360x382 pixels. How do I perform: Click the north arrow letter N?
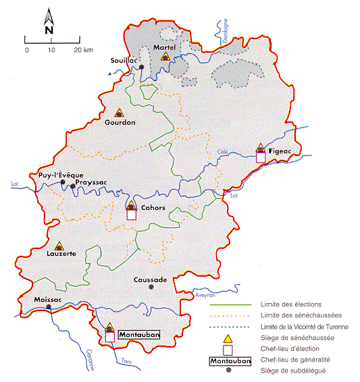(x=49, y=30)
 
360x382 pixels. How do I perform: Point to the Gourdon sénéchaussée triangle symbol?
(x=120, y=113)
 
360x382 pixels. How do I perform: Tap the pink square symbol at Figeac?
(x=261, y=157)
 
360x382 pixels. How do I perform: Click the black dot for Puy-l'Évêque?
(x=63, y=182)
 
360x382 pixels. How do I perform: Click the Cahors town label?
(x=153, y=208)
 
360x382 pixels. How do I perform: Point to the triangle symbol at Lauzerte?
(x=59, y=246)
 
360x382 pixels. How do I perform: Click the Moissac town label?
(x=47, y=299)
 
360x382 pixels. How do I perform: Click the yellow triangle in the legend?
(x=228, y=337)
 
